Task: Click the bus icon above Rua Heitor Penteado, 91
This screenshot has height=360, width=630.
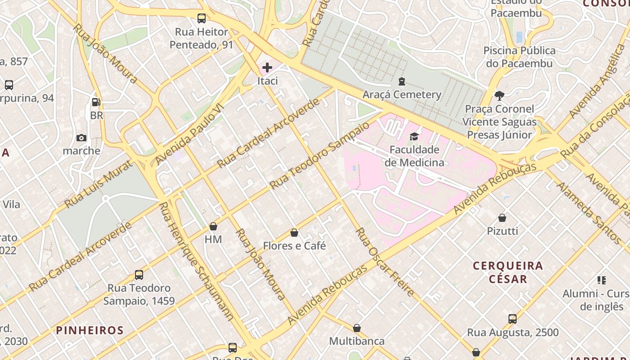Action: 202,18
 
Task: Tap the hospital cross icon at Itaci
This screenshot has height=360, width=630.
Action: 267,67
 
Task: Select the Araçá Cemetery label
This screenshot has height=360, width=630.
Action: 402,94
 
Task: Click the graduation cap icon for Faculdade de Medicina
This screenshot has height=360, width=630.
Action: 414,136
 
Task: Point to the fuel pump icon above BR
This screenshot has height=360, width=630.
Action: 96,102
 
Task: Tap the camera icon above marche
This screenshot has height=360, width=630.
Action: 81,138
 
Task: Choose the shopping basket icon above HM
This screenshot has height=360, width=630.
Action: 213,226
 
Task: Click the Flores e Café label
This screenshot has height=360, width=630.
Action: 294,246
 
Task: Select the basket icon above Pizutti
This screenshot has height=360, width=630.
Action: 502,218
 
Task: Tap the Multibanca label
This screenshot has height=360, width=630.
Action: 357,341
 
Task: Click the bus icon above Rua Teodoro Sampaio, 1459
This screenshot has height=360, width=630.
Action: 139,274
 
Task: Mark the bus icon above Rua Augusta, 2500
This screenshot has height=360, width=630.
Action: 512,319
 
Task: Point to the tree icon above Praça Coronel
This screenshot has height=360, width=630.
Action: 499,95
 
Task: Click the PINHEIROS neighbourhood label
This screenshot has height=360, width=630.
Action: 90,330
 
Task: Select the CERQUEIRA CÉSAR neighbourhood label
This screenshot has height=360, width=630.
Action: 508,272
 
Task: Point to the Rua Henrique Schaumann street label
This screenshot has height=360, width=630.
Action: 196,261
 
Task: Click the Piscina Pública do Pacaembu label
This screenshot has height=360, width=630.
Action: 519,57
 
